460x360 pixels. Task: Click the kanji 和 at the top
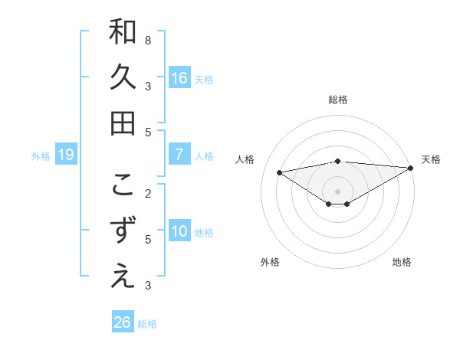(x=123, y=32)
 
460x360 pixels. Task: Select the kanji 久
(x=123, y=77)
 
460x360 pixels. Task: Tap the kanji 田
(x=123, y=123)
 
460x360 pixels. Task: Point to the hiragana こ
(x=123, y=185)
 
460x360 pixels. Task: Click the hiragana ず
(x=123, y=231)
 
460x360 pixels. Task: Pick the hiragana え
(x=123, y=276)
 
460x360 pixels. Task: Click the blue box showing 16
(x=179, y=78)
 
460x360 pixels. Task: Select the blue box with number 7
(x=179, y=155)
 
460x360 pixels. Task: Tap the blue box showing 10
(x=179, y=231)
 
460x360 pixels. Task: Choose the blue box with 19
(x=66, y=155)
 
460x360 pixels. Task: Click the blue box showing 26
(x=123, y=322)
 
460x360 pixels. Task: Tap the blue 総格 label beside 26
(x=147, y=324)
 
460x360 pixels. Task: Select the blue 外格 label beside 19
(x=41, y=156)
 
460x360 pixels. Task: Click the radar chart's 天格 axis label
(x=431, y=159)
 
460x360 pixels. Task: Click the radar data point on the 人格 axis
(x=279, y=172)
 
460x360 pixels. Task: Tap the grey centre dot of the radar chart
(x=337, y=191)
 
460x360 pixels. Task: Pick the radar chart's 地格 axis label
(x=402, y=262)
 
